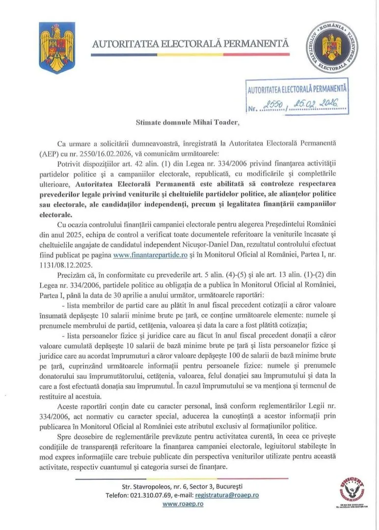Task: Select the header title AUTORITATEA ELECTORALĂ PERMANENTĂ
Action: [190, 44]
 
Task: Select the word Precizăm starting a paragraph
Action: [73, 276]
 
